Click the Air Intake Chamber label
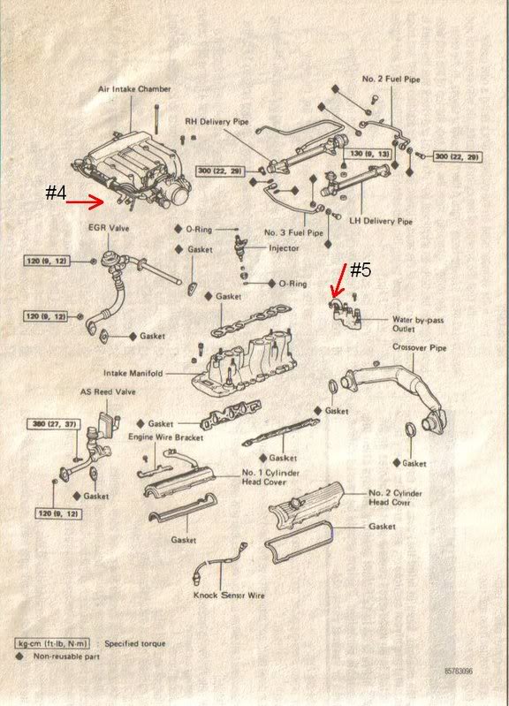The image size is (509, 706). point(134,89)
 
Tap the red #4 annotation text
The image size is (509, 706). point(56,193)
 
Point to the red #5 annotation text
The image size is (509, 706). point(361,270)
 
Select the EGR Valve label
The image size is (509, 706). point(109,228)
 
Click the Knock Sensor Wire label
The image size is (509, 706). point(229,596)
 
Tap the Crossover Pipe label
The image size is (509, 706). point(420,347)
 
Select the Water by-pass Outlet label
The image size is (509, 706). point(418,324)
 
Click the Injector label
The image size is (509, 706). point(284,248)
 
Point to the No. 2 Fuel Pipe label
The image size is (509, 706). point(391,80)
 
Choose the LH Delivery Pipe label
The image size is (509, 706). point(381,221)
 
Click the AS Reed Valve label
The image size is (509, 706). point(108,391)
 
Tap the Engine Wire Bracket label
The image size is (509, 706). point(166,437)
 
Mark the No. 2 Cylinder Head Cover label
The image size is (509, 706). point(395,497)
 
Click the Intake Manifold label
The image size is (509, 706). point(133,373)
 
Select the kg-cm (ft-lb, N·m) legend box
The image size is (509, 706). point(52,643)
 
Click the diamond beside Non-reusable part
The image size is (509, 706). point(19,656)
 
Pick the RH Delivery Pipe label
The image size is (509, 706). point(217,122)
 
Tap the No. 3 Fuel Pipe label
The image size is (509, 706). point(293,232)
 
